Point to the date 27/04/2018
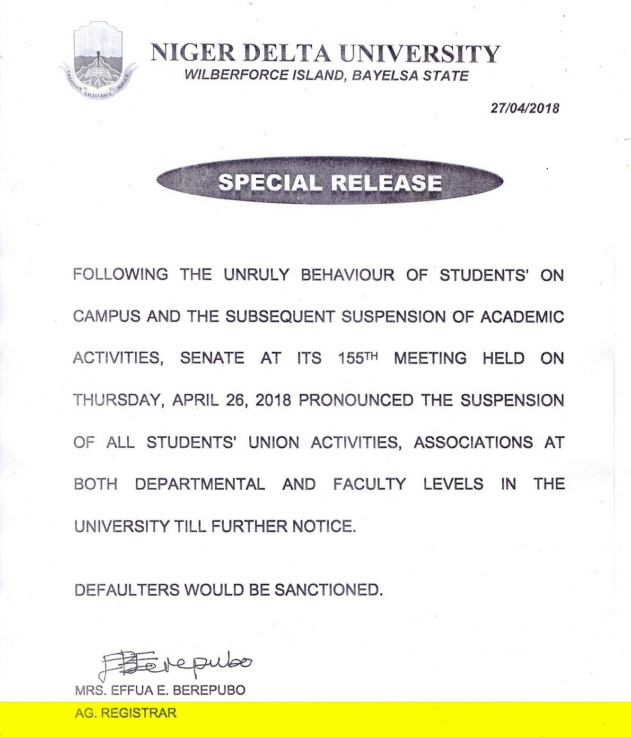[524, 108]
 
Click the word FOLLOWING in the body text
[120, 274]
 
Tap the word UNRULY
[256, 274]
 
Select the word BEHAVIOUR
[347, 274]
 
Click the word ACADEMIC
[522, 316]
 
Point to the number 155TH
[357, 358]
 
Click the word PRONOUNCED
[356, 400]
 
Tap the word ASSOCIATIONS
[473, 442]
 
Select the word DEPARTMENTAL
[200, 484]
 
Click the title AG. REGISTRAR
[126, 713]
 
